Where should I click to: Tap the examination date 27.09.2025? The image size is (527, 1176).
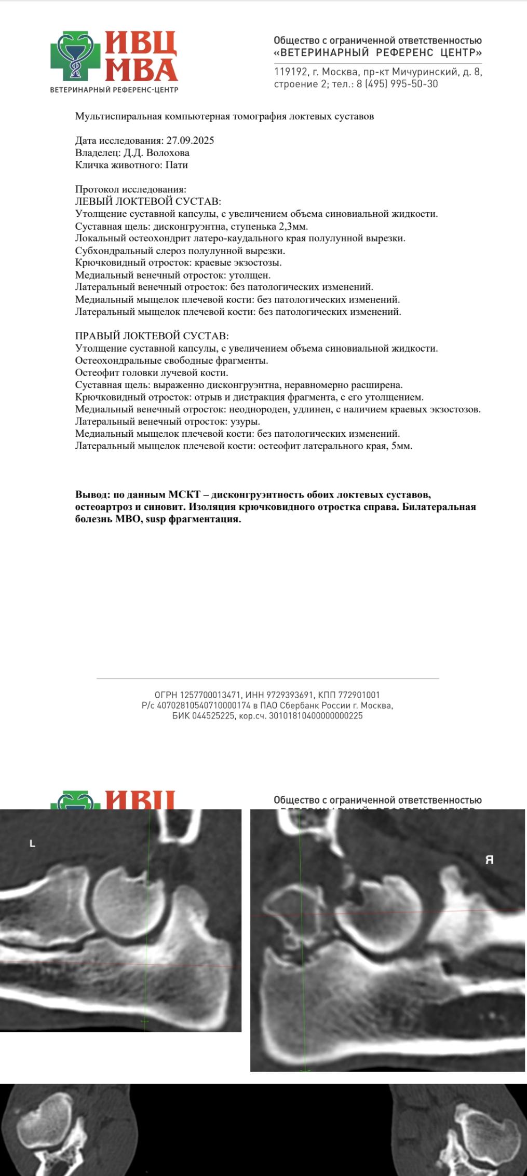click(x=190, y=141)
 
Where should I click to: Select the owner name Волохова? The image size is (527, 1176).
click(x=168, y=153)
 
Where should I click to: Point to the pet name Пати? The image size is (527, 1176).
click(x=177, y=165)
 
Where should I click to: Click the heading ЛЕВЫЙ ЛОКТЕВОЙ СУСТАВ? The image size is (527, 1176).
click(x=148, y=202)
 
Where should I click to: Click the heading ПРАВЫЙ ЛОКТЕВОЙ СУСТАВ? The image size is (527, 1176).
click(x=152, y=336)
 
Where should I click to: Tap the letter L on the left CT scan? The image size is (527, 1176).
click(x=32, y=844)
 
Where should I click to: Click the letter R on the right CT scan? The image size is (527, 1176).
click(x=489, y=860)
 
